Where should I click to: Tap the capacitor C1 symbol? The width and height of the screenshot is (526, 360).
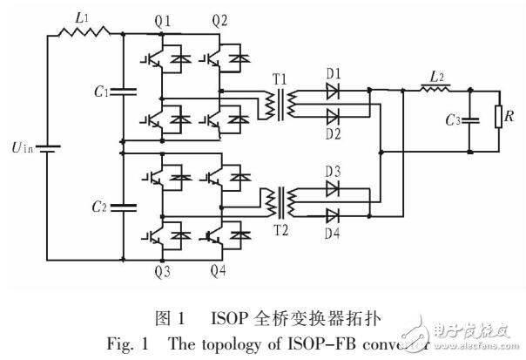click(x=123, y=90)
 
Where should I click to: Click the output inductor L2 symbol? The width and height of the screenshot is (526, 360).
click(x=433, y=89)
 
